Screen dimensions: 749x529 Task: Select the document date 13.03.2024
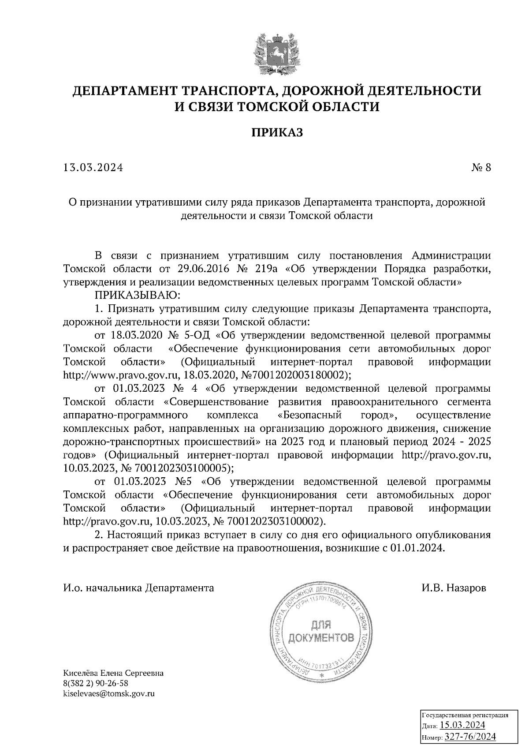pyautogui.click(x=93, y=168)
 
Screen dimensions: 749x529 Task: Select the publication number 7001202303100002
pyautogui.click(x=274, y=521)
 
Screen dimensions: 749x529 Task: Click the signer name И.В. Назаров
pyautogui.click(x=454, y=588)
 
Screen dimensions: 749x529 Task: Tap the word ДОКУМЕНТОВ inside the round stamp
pyautogui.click(x=321, y=638)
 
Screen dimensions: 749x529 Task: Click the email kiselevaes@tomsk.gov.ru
pyautogui.click(x=109, y=693)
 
